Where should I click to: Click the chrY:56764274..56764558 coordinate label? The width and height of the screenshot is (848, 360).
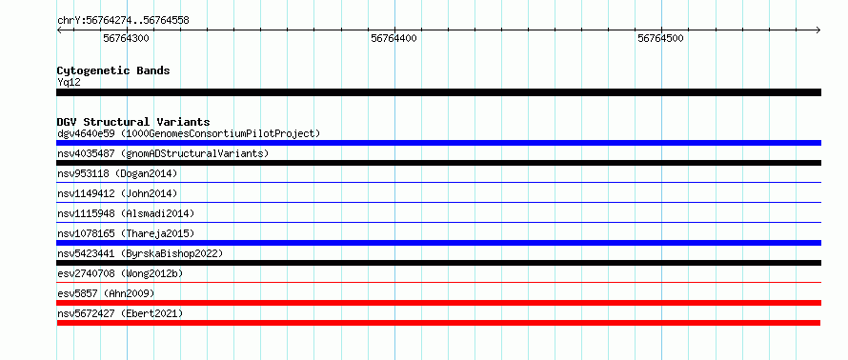(123, 21)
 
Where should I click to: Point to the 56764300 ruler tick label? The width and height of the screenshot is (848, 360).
(126, 38)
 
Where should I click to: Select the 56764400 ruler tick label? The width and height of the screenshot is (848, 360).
(394, 38)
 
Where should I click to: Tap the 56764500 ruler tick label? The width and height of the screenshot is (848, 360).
(661, 38)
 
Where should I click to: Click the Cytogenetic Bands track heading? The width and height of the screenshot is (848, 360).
(113, 70)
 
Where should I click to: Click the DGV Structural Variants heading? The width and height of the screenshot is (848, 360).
(133, 122)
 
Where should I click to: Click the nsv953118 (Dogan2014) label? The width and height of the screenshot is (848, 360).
(117, 173)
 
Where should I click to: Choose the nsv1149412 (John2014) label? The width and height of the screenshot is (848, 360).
(117, 193)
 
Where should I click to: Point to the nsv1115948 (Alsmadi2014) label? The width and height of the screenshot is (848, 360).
(126, 213)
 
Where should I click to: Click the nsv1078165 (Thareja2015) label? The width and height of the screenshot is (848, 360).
(126, 233)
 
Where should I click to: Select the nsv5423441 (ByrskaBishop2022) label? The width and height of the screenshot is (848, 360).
(140, 253)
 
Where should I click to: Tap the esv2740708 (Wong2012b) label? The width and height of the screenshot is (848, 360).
(120, 273)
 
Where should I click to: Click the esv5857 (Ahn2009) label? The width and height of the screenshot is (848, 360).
(106, 293)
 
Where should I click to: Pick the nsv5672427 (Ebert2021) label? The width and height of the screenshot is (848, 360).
(120, 313)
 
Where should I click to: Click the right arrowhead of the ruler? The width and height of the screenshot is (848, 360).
(818, 30)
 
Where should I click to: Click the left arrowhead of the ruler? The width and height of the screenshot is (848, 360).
(59, 30)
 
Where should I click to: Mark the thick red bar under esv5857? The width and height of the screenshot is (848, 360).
(438, 303)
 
